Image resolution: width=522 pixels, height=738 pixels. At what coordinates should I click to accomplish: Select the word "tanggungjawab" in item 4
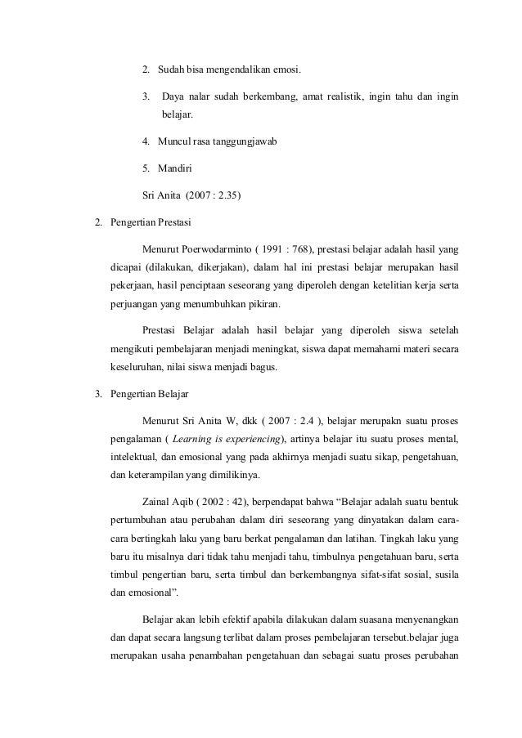[x=245, y=142]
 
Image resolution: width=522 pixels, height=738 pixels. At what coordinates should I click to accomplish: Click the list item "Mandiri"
[x=174, y=169]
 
